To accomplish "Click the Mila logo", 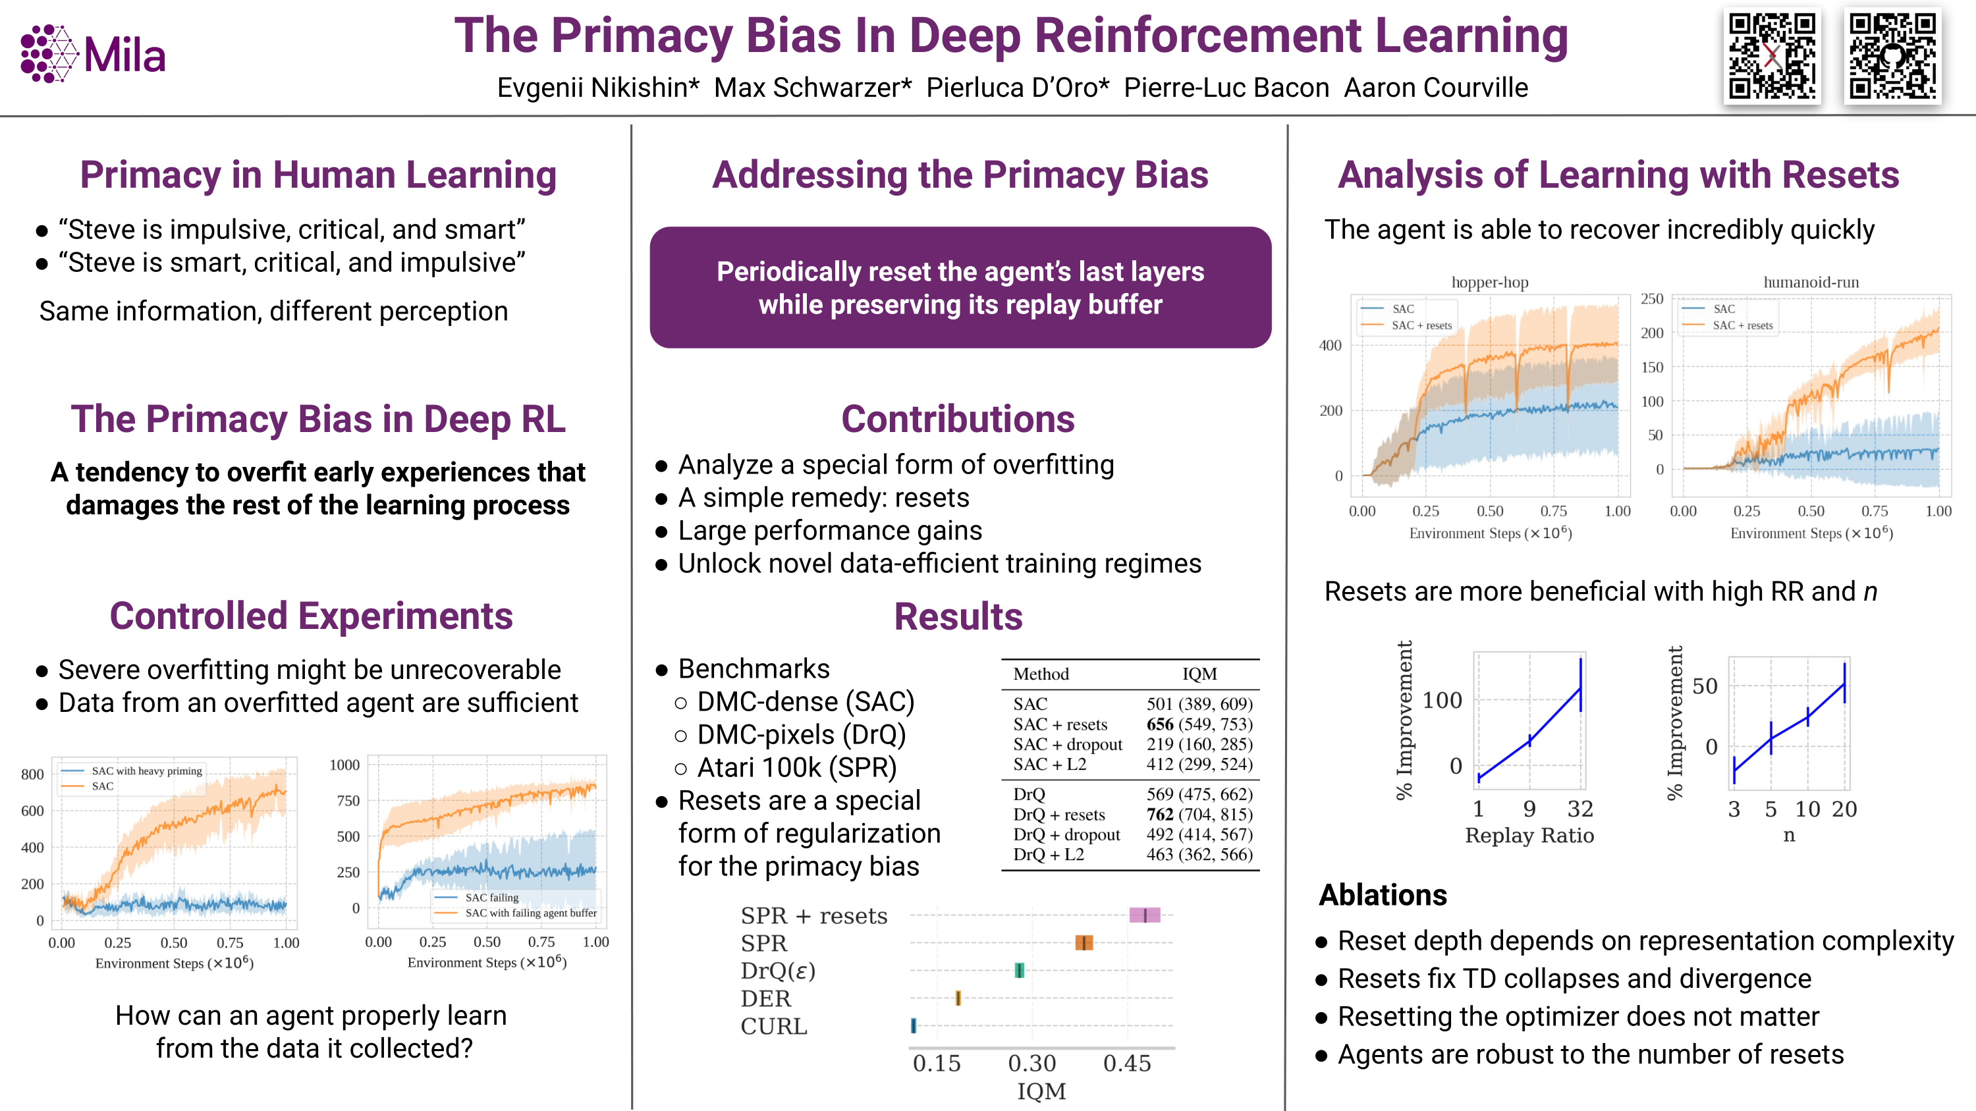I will click(93, 53).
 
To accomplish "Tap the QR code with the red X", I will click(1771, 56).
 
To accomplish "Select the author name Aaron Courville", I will click(1435, 88).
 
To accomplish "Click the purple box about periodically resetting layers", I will click(960, 288).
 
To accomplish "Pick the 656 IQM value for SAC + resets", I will click(1160, 724).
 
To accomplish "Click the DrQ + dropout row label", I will click(1066, 834).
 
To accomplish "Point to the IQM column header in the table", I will click(1199, 673).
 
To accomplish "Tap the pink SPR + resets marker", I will click(1145, 915).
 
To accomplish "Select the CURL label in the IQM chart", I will click(773, 1026).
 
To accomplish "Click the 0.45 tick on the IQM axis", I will click(1127, 1064).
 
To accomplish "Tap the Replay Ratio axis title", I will click(1529, 835).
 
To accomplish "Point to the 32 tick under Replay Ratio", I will click(1580, 809).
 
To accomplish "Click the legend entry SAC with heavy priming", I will click(146, 771).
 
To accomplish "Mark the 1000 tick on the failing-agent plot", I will click(344, 765).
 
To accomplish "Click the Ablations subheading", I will click(1383, 895).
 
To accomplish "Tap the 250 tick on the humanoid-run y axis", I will click(1651, 299).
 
